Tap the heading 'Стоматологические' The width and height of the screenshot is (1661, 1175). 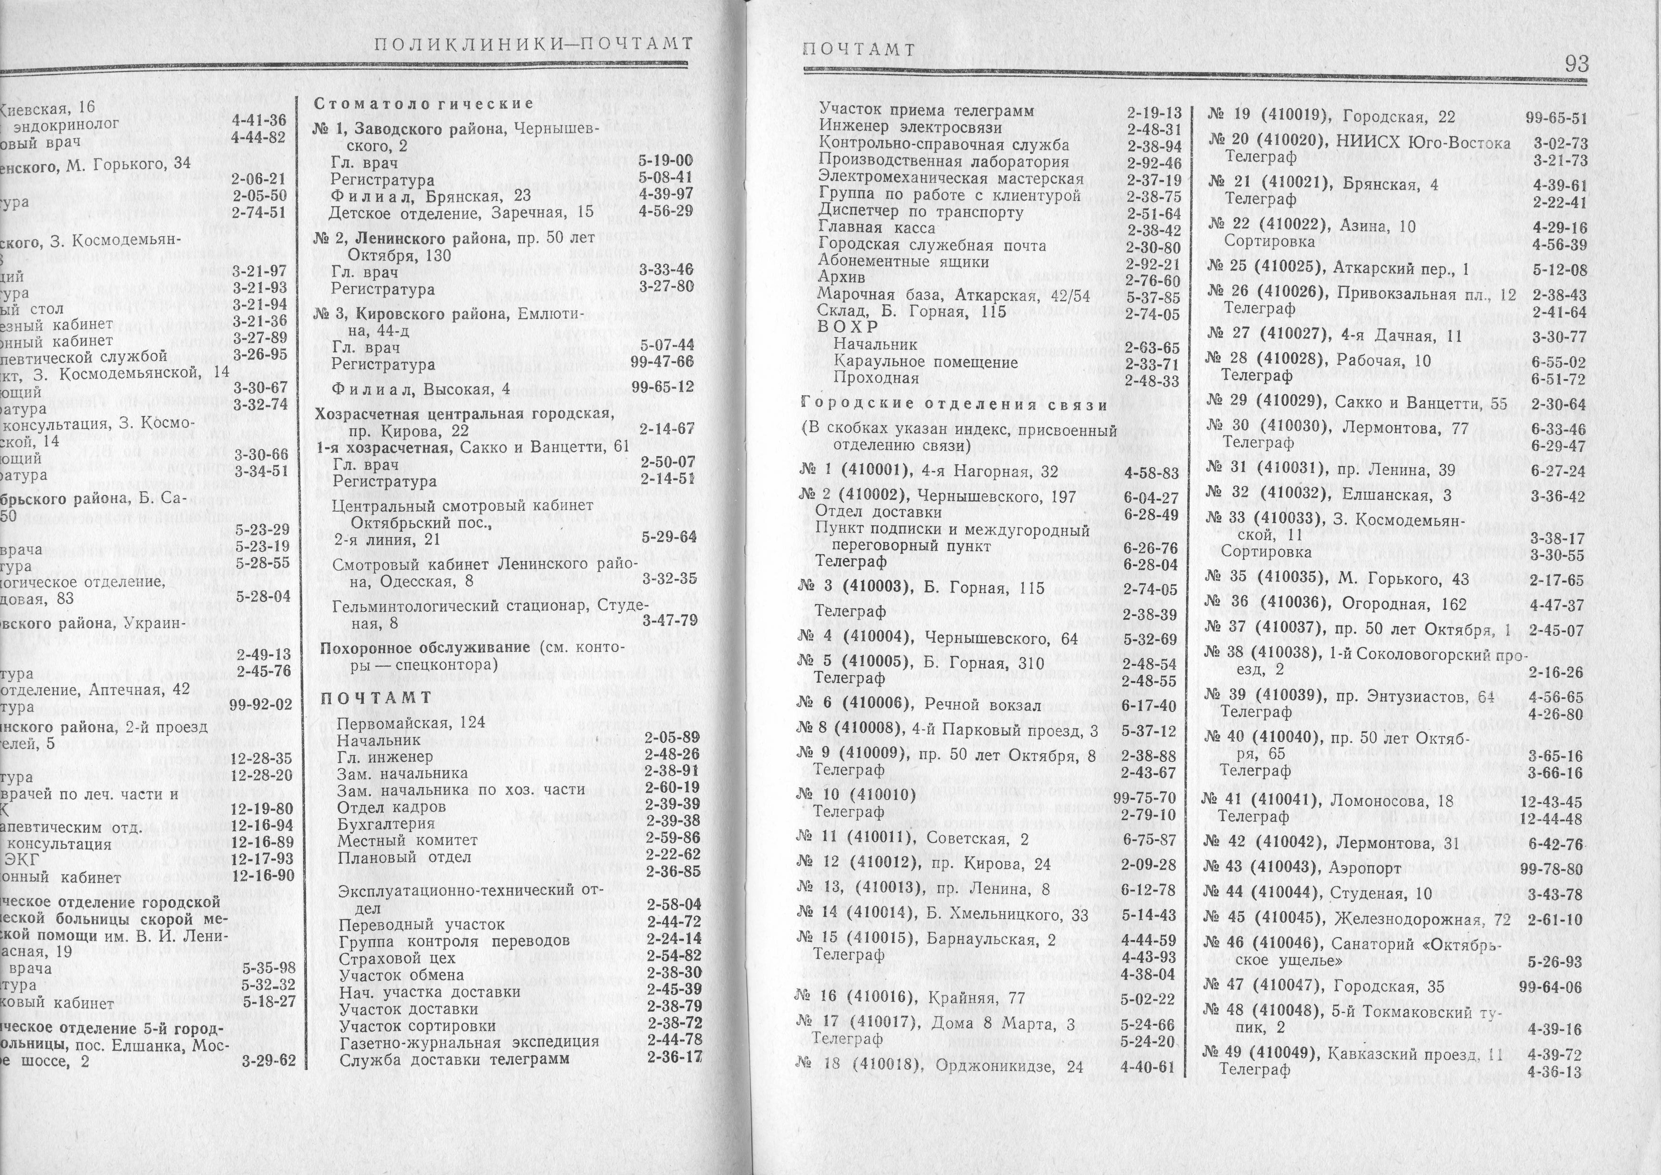[424, 103]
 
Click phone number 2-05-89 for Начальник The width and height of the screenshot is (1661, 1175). [672, 737]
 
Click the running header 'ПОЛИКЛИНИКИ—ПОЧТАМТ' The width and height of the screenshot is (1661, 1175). [533, 45]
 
